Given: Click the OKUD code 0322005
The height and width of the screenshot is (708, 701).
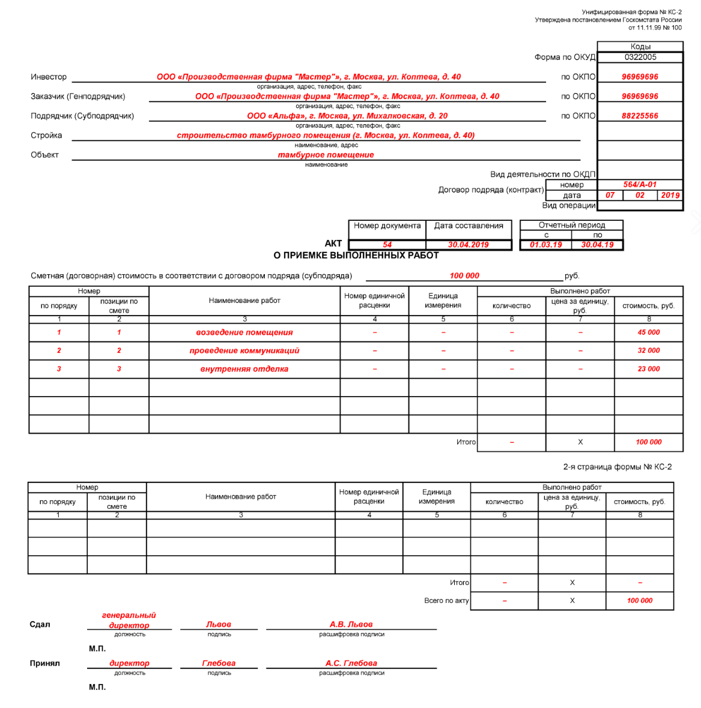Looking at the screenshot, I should point(640,57).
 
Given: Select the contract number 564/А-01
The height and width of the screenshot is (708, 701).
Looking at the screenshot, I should point(640,185).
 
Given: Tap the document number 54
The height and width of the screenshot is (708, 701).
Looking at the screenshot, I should point(387,245).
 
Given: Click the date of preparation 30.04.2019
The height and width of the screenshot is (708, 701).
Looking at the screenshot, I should point(469,245).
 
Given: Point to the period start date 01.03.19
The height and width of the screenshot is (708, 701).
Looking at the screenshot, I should point(546,245).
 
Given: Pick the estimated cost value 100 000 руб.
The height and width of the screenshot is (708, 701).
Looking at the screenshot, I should point(464,276).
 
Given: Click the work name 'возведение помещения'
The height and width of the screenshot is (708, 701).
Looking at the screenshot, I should point(244,332).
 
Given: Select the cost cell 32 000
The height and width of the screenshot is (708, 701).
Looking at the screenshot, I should point(649,350).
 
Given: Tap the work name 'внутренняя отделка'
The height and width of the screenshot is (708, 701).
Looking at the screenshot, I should point(244,369).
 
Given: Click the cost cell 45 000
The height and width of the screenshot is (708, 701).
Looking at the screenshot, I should point(649,332).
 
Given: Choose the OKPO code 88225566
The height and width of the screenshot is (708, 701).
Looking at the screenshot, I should point(640,116).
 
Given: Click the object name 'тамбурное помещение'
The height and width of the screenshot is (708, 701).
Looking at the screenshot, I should point(326,155).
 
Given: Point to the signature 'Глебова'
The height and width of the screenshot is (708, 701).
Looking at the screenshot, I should point(219,663).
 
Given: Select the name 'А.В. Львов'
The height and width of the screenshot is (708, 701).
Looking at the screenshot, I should point(351,624).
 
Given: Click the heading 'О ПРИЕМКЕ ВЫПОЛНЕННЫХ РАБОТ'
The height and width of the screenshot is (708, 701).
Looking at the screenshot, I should point(356,256).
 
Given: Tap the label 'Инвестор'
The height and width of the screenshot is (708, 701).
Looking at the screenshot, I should point(49,77).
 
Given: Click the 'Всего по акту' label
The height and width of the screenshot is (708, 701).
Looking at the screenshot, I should point(446,601).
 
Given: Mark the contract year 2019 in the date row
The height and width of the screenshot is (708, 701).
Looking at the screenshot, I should point(670,195).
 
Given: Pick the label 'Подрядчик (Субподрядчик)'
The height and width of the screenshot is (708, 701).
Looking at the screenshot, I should point(82,116).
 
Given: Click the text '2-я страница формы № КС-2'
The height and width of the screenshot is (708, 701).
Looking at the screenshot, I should point(618,467).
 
